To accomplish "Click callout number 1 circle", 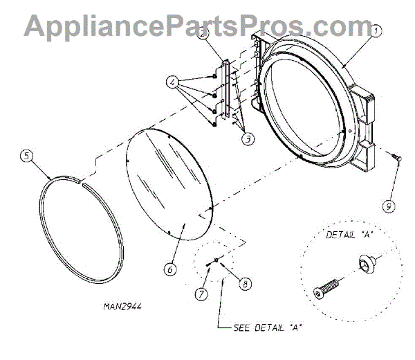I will [x=375, y=31].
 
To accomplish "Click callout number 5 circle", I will [x=26, y=155].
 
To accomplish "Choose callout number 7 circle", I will [x=201, y=294].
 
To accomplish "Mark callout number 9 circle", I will [x=389, y=205].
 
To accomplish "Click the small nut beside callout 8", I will [x=217, y=260].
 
